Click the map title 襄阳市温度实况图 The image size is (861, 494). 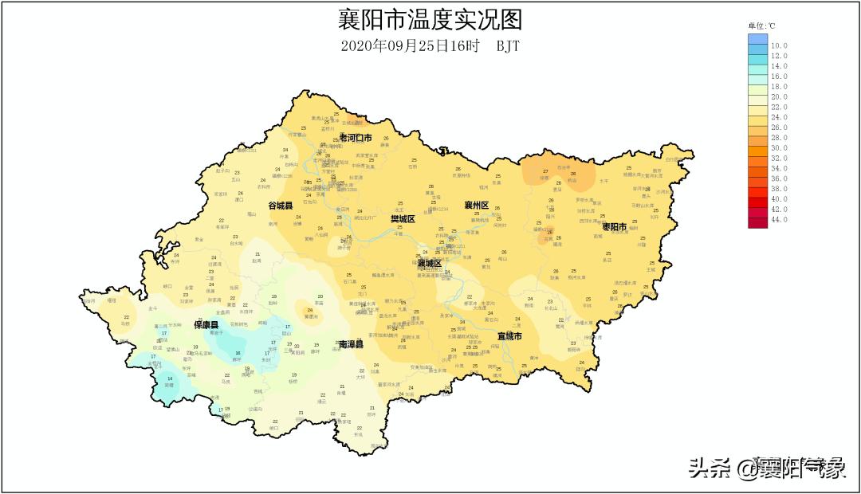click(430, 18)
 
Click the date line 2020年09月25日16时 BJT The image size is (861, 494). click(430, 45)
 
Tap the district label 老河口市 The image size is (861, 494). click(356, 138)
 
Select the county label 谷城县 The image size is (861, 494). click(280, 206)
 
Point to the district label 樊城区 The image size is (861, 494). click(403, 218)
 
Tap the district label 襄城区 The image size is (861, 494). click(429, 263)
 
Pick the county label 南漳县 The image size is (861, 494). click(351, 344)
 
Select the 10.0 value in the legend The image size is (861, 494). click(779, 46)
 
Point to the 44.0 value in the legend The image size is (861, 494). click(779, 219)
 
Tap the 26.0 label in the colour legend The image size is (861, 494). click(779, 127)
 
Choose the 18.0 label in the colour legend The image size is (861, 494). click(779, 87)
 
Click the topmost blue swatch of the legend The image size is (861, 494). click(757, 38)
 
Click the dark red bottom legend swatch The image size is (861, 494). click(757, 222)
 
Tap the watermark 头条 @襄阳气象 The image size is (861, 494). click(767, 468)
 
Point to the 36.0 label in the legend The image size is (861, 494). click(779, 178)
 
